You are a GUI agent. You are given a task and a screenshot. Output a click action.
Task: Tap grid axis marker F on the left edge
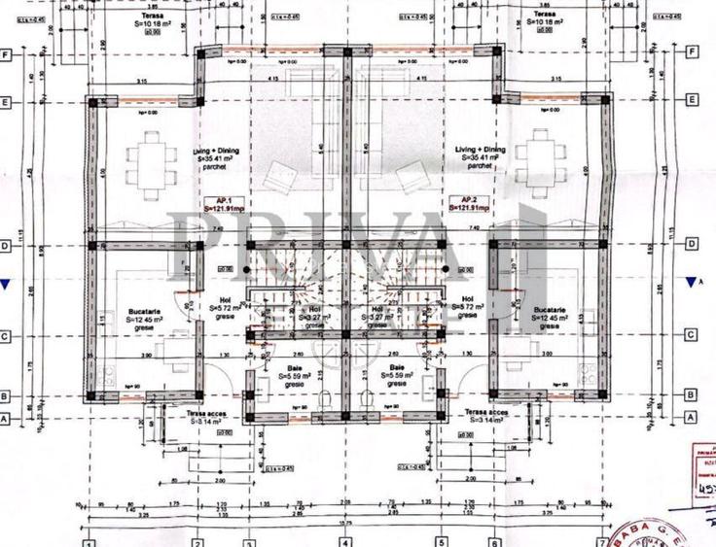pyautogui.click(x=7, y=53)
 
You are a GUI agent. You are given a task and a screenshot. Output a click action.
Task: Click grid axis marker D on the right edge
pyautogui.click(x=691, y=246)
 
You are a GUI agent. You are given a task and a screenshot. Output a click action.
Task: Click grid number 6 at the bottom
pyautogui.click(x=494, y=540)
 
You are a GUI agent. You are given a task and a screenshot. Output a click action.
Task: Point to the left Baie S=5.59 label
pyautogui.click(x=293, y=375)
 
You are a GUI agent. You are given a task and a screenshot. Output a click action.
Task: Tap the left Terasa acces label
pyautogui.click(x=208, y=416)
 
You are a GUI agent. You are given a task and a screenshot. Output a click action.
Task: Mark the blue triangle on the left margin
pyautogui.click(x=7, y=284)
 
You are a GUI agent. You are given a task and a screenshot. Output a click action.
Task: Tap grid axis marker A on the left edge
pyautogui.click(x=7, y=417)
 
